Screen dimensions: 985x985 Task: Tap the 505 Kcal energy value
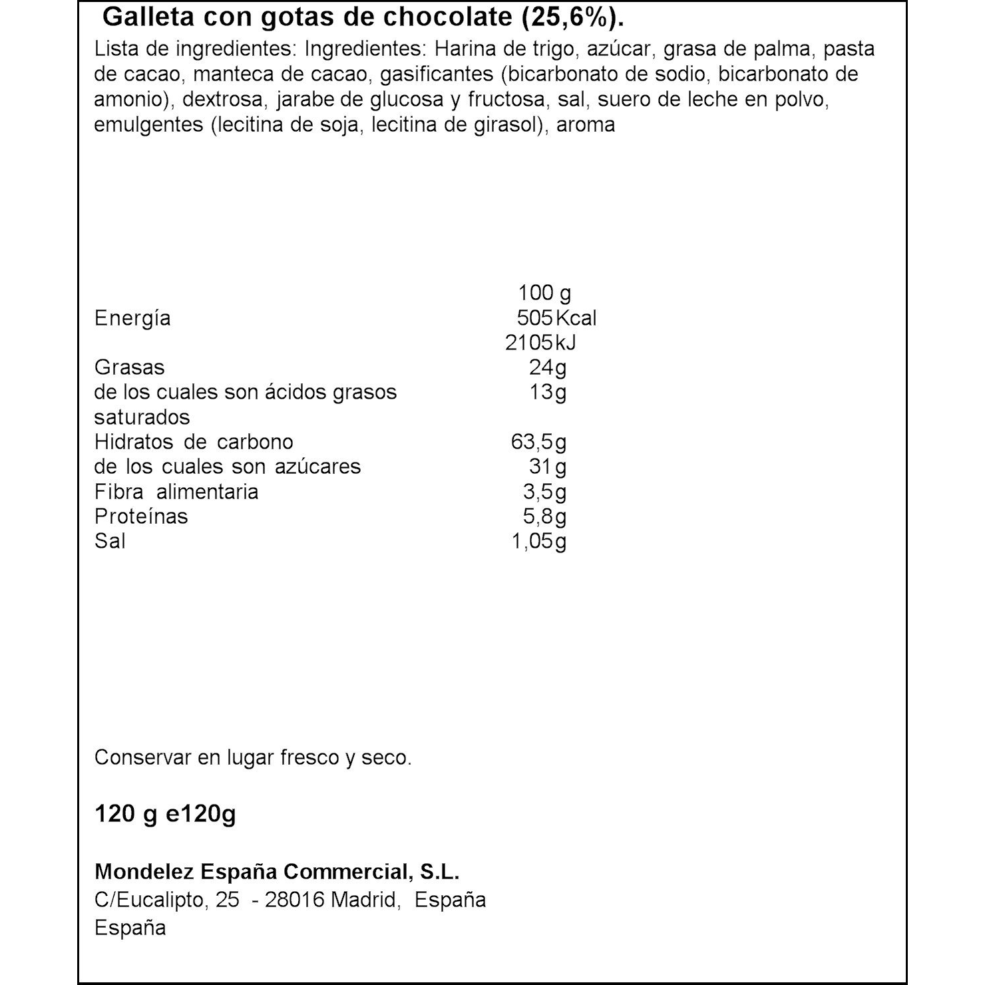(556, 317)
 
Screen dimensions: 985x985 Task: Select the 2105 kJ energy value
(540, 342)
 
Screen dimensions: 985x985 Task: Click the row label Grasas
(129, 367)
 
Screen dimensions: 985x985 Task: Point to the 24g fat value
(548, 367)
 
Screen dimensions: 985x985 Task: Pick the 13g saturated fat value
(548, 392)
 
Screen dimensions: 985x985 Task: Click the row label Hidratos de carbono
(194, 442)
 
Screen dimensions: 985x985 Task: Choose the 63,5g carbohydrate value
(538, 442)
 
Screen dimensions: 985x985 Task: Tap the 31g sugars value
(548, 467)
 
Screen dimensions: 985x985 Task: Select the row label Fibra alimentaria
(176, 492)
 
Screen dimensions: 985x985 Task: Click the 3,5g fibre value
(544, 492)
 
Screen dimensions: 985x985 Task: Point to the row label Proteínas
(141, 516)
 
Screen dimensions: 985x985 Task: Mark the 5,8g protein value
(544, 516)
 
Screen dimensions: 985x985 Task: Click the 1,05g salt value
(538, 541)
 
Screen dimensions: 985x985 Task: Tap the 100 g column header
(544, 293)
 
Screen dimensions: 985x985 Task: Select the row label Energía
(132, 318)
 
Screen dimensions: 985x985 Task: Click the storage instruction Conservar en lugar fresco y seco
(253, 757)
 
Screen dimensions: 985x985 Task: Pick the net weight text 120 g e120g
(165, 814)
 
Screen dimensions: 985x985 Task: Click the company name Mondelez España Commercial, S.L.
(277, 872)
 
